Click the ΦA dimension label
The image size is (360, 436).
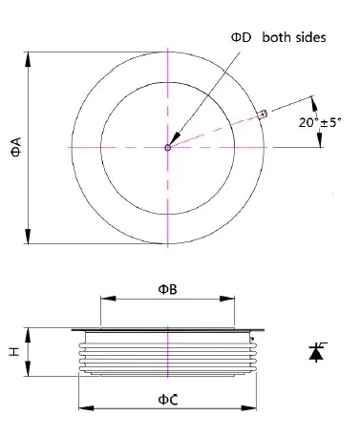pos(16,147)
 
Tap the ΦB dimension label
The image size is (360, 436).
pos(168,289)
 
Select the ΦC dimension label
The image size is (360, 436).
pos(168,400)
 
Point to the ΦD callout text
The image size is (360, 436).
pos(241,37)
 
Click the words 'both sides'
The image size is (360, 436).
pos(294,37)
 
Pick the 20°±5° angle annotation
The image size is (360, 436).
pos(320,122)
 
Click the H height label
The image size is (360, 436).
pos(14,351)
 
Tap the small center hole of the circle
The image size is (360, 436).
pos(168,147)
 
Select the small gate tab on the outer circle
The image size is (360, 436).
pos(264,114)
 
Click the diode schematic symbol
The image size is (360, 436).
pos(317,352)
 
